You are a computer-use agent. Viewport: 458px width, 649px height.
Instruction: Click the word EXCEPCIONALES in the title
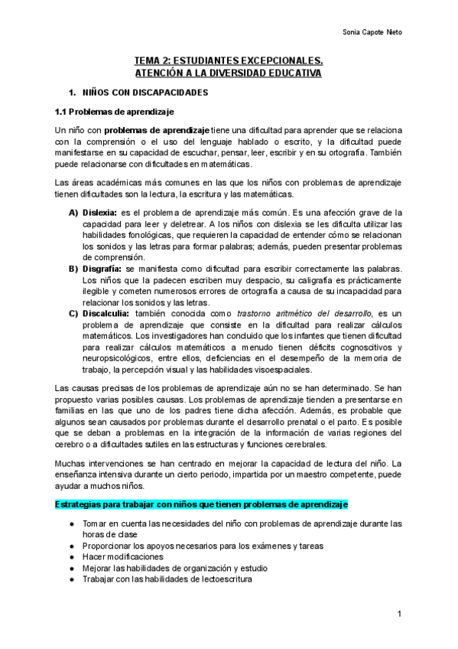click(x=282, y=60)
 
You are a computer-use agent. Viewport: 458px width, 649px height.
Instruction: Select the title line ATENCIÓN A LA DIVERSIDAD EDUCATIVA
click(x=229, y=73)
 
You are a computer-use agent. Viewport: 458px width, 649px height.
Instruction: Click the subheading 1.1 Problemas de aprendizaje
click(x=112, y=112)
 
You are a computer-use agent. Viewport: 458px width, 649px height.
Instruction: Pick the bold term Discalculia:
click(x=106, y=314)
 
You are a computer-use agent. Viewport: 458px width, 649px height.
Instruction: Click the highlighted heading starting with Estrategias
click(x=202, y=506)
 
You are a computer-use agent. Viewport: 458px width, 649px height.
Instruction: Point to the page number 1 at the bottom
click(x=399, y=615)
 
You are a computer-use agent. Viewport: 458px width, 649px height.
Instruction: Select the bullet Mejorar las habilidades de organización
click(x=173, y=568)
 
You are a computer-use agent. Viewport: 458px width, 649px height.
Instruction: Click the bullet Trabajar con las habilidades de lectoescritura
click(x=167, y=579)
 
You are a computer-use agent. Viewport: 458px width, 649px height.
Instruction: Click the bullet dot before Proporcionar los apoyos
click(x=71, y=546)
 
